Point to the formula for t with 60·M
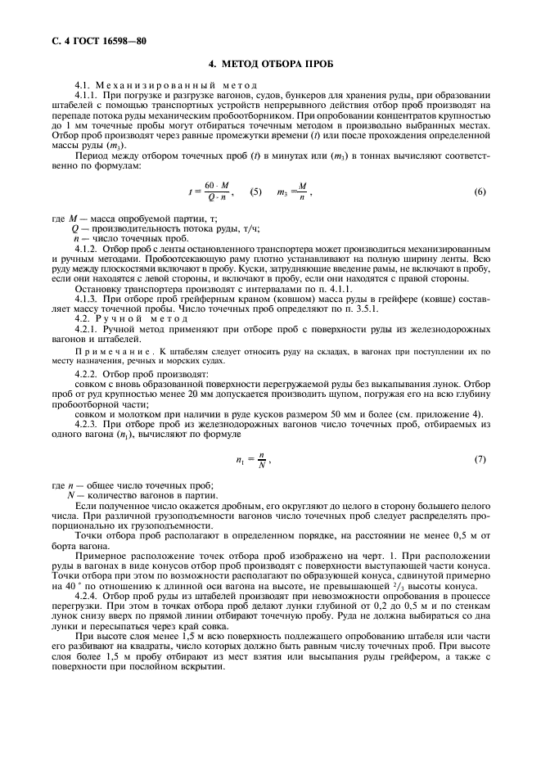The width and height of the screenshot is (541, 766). [210, 192]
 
